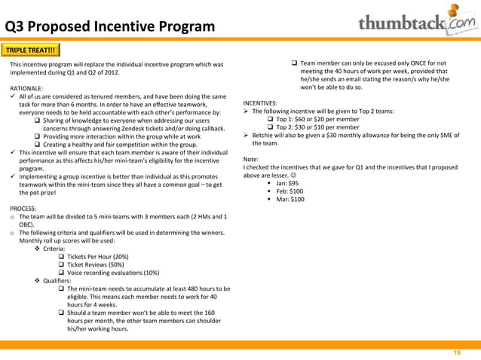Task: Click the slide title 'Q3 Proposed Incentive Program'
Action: click(x=110, y=28)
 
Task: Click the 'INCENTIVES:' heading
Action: click(x=260, y=103)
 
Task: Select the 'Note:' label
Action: click(x=252, y=159)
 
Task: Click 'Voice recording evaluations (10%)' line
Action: click(x=112, y=273)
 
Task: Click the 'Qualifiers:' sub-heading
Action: click(x=57, y=281)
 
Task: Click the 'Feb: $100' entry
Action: click(x=290, y=191)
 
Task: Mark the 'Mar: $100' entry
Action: click(x=291, y=200)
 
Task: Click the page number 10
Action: click(x=456, y=352)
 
